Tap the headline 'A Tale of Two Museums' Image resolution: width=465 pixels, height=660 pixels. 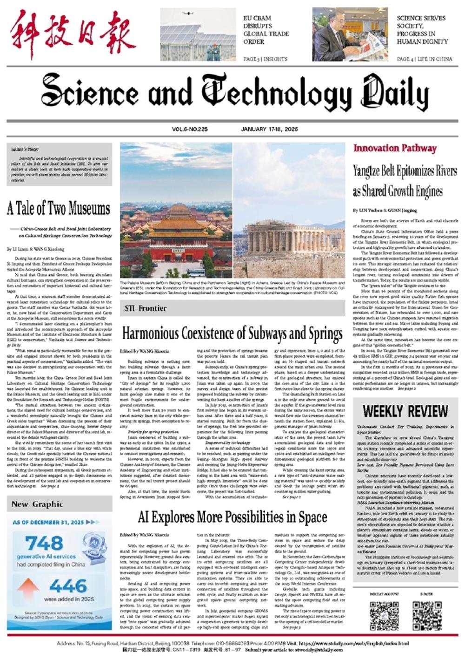59,209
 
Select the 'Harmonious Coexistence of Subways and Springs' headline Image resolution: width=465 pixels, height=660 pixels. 232,333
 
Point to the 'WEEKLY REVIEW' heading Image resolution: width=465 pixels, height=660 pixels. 405,411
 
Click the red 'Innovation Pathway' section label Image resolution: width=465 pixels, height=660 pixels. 395,149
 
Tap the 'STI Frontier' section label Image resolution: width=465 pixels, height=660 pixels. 146,308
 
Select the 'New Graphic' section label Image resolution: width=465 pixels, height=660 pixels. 37,504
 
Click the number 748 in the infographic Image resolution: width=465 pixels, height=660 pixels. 44,543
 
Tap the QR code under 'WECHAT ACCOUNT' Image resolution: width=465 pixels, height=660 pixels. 384,615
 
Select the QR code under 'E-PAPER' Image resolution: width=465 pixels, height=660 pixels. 426,615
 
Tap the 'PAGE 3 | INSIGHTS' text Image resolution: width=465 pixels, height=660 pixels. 266,59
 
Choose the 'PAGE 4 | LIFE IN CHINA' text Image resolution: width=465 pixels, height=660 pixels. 424,59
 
